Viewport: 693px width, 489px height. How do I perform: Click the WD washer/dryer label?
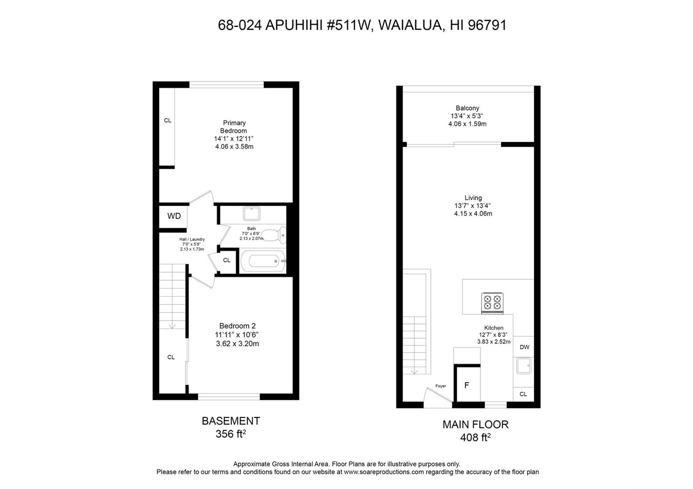pos(174,216)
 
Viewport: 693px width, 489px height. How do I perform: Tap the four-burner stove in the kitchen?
pos(492,303)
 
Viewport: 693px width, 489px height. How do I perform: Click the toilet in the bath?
pos(274,235)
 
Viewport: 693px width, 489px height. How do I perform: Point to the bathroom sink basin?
pos(252,214)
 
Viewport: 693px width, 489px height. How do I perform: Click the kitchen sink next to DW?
pos(524,365)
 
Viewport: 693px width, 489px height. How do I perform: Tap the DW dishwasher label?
pos(525,347)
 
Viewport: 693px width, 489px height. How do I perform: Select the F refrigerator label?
pos(467,385)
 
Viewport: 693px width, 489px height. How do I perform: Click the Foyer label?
pos(440,386)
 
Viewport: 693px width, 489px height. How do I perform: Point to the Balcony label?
pos(467,108)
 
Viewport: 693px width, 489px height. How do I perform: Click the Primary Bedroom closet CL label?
pos(168,121)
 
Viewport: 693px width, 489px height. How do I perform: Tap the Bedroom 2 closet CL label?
pos(171,357)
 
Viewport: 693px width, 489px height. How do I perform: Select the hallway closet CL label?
pos(227,260)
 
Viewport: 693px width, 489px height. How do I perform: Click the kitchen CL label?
pos(523,394)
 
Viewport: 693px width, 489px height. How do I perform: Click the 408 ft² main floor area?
pos(476,438)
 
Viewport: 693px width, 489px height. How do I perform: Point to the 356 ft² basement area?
pos(231,434)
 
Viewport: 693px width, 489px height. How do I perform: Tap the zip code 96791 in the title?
pos(487,25)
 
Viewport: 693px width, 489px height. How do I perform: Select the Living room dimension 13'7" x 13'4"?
pos(473,206)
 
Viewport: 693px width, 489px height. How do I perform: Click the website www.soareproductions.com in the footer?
pos(384,472)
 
